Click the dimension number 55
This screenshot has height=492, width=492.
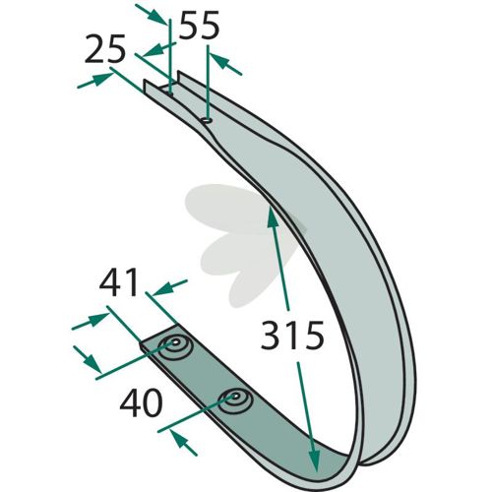200,26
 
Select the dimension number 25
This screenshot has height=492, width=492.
105,48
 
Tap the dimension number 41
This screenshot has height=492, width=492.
118,282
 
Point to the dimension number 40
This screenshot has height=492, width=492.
141,402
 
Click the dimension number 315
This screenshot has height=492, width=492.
292,336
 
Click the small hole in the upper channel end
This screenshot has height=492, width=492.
207,120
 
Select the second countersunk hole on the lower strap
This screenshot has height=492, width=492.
235,401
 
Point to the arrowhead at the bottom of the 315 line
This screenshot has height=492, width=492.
314,461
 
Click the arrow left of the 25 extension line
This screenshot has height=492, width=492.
95,81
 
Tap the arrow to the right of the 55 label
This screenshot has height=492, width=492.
225,64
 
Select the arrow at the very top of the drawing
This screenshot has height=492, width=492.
152,14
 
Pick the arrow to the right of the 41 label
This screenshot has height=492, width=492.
169,287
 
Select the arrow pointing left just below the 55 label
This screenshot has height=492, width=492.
155,49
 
